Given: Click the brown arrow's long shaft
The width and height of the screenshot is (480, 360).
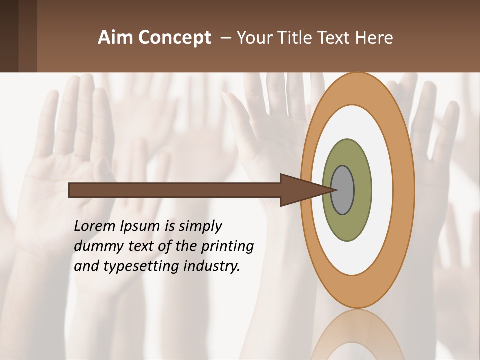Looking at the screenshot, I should click(x=175, y=190).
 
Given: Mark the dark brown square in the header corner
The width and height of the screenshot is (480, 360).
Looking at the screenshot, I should click(x=9, y=36).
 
